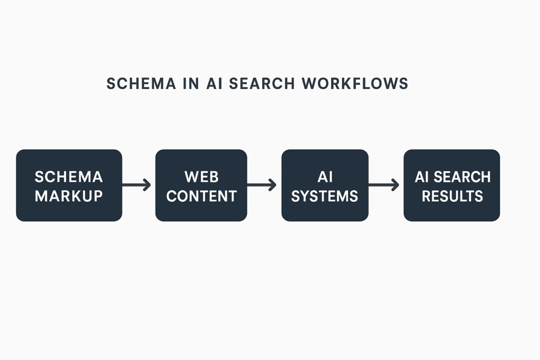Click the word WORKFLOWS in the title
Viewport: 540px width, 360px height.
coord(355,84)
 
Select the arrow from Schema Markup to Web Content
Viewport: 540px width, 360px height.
coord(137,185)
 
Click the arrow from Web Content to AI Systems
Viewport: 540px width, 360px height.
coord(262,185)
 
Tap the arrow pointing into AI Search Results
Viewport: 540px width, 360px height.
coord(384,185)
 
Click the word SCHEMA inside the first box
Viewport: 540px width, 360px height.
coord(69,176)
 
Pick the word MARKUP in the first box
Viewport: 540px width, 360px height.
coord(69,196)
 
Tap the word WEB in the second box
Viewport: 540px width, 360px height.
coord(201,176)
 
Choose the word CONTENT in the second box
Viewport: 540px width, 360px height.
coord(201,196)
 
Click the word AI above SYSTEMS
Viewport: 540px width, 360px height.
coord(325,176)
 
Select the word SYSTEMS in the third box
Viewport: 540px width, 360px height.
coord(325,196)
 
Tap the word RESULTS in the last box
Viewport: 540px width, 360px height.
coord(452,196)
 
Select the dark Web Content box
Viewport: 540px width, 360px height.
coord(201,211)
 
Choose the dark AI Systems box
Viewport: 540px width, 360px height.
coord(325,211)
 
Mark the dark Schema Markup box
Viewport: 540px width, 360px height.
coord(69,211)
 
